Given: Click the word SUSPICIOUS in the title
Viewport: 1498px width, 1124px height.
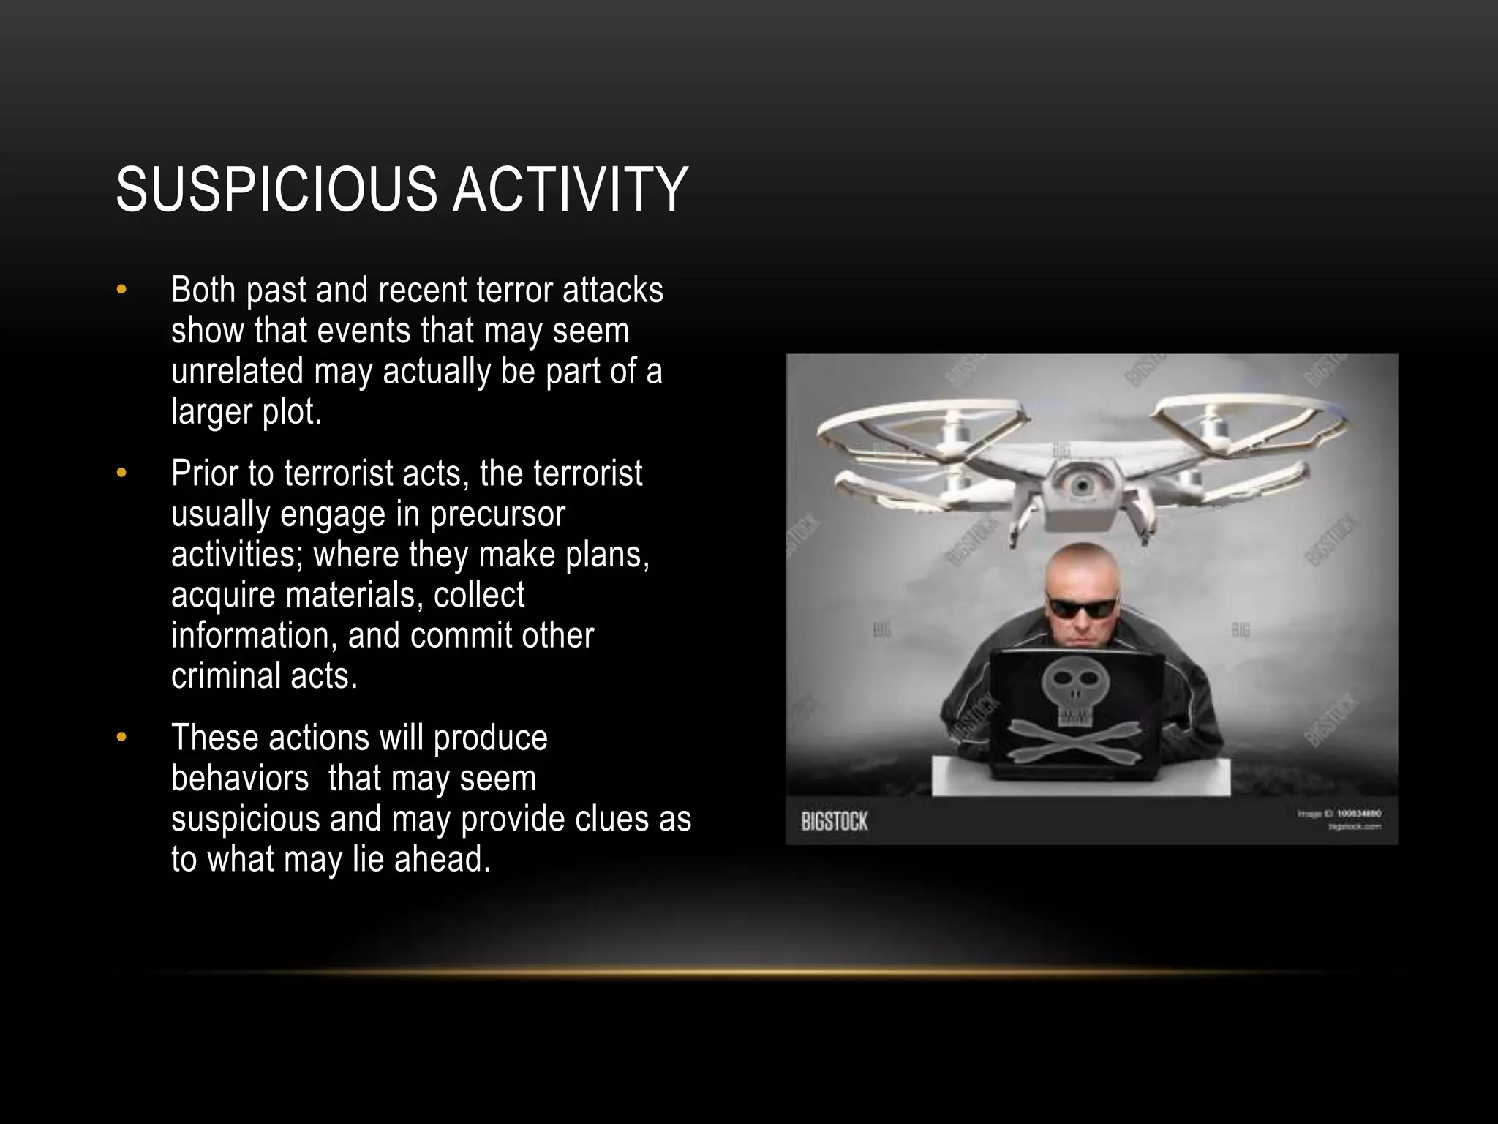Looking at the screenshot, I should (276, 190).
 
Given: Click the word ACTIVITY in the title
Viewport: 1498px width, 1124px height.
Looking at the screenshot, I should (570, 190).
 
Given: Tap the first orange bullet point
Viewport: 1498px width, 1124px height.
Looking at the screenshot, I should (121, 291).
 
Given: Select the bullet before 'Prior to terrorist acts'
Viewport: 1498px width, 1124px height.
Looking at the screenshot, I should (121, 473).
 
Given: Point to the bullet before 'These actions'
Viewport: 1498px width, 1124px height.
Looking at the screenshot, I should (121, 738).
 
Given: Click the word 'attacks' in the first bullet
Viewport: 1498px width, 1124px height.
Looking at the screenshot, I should (613, 291).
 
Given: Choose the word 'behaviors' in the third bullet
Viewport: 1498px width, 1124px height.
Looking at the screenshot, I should (240, 779).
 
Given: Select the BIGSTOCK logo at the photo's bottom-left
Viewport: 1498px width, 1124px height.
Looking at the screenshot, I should (835, 822).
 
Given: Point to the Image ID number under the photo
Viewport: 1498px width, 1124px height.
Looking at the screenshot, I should (1358, 813).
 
